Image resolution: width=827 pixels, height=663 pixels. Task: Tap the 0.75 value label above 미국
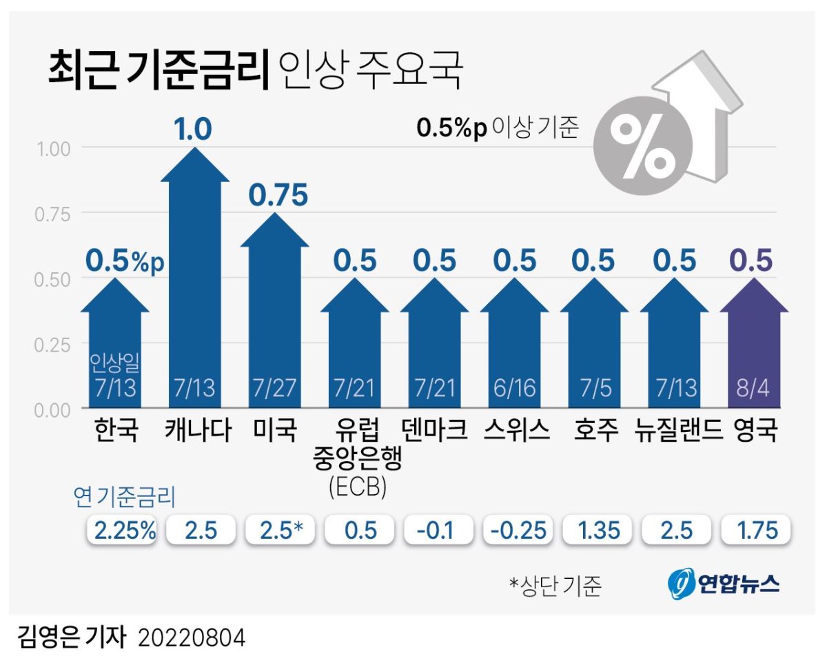(278, 196)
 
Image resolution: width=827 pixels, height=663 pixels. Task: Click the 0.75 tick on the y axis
(53, 214)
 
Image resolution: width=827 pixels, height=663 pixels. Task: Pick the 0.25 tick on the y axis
(53, 344)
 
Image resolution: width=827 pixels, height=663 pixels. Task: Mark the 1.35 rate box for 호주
(596, 531)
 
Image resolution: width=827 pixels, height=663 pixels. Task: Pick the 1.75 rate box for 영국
(755, 531)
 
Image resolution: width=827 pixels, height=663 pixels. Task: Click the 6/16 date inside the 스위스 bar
(514, 387)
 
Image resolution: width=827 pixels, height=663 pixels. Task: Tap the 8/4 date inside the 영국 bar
(754, 387)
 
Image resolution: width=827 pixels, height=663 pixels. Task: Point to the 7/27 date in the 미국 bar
(274, 387)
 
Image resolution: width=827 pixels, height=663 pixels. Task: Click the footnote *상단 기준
(555, 586)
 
